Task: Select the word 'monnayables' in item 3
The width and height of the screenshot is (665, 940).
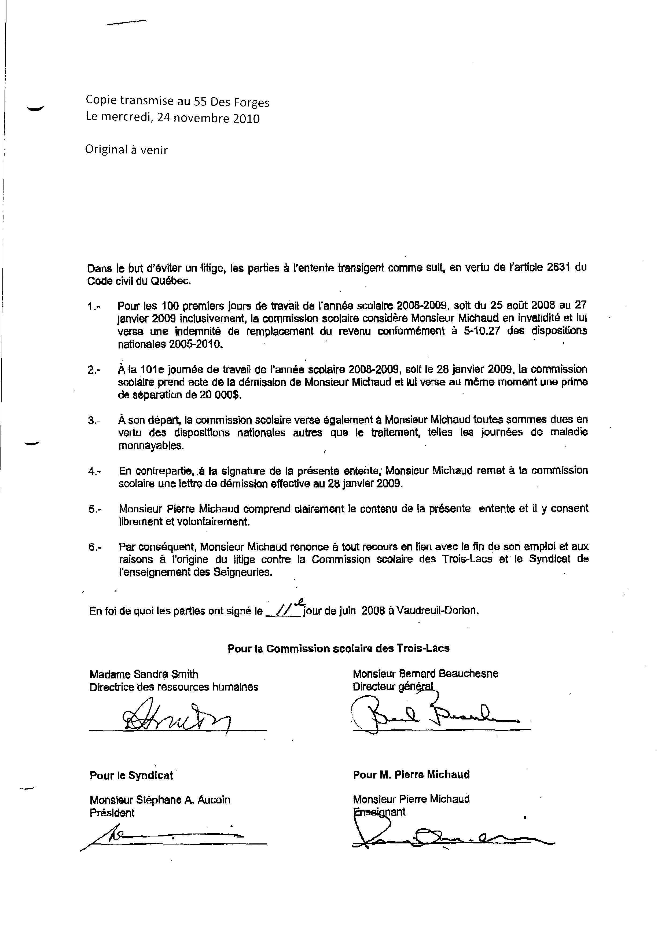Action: [x=151, y=446]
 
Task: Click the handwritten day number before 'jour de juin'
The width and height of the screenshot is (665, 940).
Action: [x=282, y=611]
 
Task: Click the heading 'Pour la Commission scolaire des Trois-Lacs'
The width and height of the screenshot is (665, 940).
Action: [x=339, y=648]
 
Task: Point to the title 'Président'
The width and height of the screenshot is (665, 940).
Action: [x=112, y=813]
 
